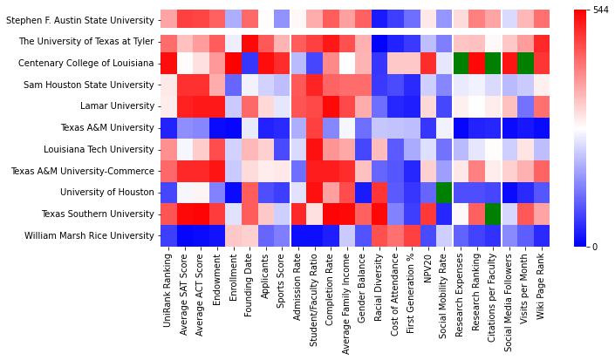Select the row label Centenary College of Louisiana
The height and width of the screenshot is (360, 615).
tap(81, 63)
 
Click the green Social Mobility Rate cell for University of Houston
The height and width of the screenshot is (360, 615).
tap(445, 192)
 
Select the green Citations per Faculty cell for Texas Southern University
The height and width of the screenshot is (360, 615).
tap(494, 214)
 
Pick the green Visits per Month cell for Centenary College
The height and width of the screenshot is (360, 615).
tap(524, 63)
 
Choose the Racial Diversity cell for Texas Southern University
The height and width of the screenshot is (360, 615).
tap(379, 214)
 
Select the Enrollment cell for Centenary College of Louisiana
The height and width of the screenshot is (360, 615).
tap(233, 63)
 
